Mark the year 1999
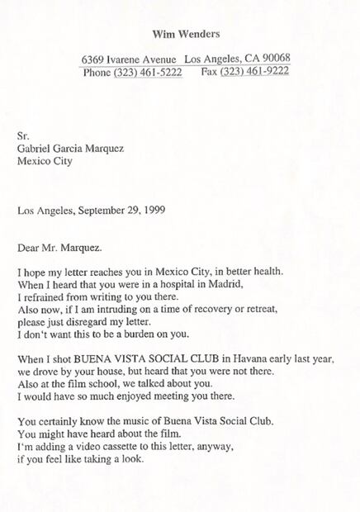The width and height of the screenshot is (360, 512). [x=153, y=210]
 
